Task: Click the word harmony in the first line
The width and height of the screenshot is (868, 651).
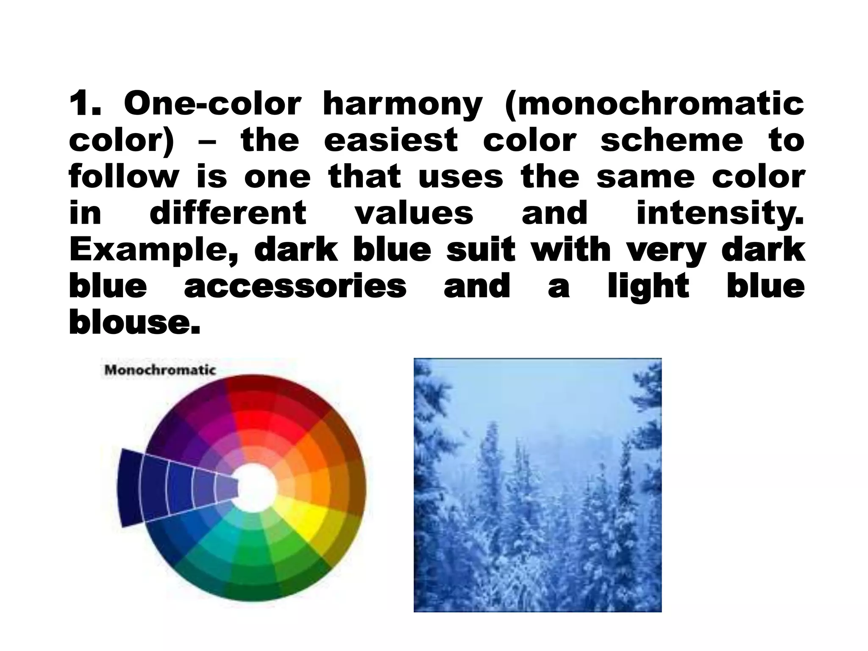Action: click(x=402, y=104)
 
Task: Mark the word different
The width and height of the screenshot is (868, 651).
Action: click(x=228, y=213)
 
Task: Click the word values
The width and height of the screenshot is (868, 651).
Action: click(x=414, y=213)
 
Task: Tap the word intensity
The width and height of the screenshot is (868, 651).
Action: click(x=720, y=214)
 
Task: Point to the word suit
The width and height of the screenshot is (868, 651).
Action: click(x=481, y=249)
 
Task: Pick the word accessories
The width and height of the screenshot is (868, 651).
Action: click(x=295, y=286)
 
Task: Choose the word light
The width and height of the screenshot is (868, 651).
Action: click(x=648, y=287)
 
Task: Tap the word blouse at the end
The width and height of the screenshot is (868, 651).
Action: click(x=134, y=322)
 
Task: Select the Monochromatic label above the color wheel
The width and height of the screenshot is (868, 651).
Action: click(x=160, y=370)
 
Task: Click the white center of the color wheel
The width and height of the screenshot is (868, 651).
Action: click(x=256, y=487)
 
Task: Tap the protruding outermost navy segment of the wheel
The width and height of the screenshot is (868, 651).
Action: click(x=129, y=487)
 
